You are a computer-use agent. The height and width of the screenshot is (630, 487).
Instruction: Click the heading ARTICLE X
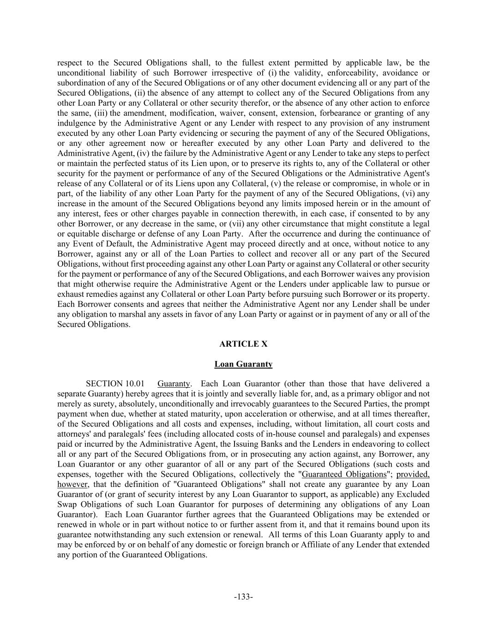[243, 344]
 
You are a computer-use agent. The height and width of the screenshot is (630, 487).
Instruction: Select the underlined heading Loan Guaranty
[243, 364]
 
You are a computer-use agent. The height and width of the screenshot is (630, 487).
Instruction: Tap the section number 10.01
[134, 384]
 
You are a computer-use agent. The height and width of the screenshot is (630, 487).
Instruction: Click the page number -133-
[243, 597]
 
